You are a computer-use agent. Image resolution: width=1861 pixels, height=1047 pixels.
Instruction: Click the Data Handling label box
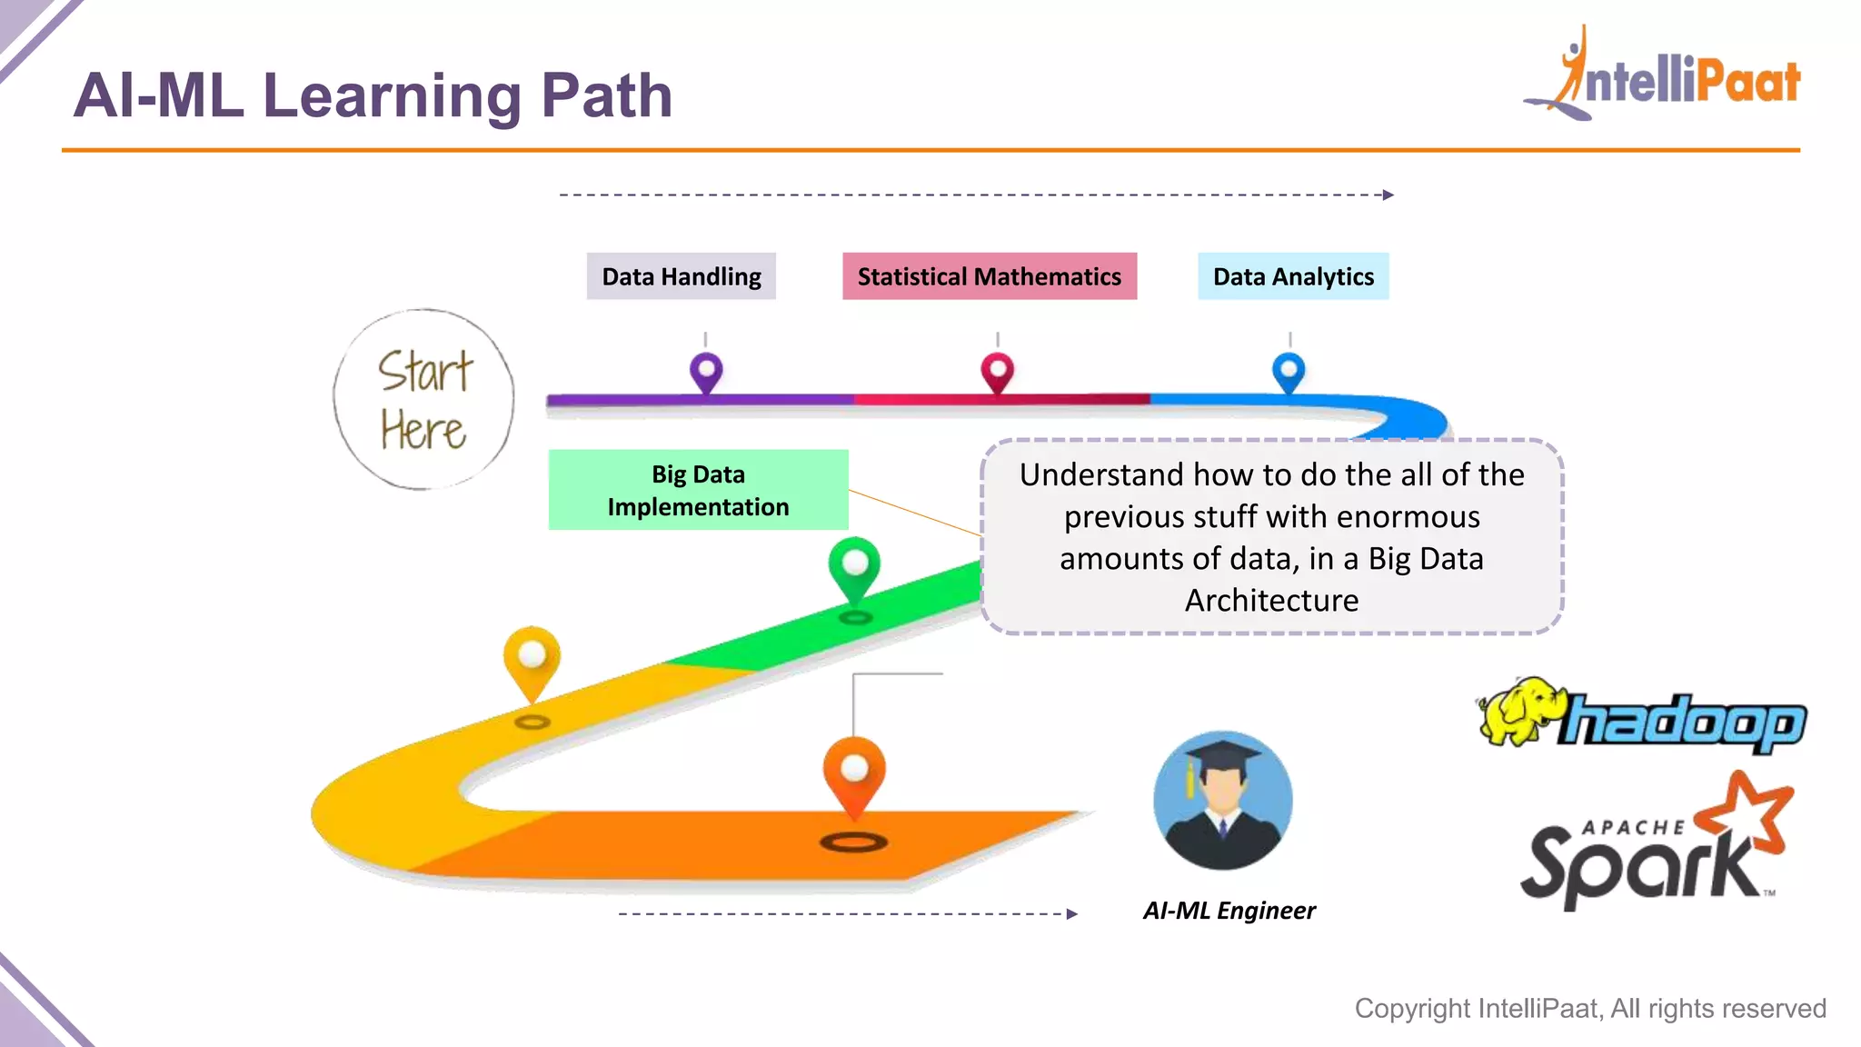point(682,276)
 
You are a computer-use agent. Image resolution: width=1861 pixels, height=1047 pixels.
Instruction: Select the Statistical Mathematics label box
point(989,276)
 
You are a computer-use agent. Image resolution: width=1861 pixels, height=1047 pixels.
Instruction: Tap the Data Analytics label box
point(1293,276)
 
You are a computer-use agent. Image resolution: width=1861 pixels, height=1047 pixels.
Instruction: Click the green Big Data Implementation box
point(698,490)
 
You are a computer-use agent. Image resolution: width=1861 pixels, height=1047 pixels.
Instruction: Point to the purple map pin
point(706,371)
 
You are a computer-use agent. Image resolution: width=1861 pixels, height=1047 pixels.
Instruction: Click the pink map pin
point(997,372)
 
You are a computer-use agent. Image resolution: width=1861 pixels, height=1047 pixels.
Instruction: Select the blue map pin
point(1289,371)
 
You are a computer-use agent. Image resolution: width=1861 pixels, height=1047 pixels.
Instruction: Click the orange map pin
point(854,772)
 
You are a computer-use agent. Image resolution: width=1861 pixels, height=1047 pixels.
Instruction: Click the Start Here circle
point(423,400)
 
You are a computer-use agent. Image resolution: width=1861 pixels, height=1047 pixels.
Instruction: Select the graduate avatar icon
point(1222,800)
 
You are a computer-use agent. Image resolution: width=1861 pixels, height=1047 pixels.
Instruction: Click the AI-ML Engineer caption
point(1229,911)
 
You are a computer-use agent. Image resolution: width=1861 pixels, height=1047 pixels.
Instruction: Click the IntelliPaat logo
point(1663,76)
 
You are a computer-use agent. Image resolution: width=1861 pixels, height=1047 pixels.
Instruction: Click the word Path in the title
point(606,95)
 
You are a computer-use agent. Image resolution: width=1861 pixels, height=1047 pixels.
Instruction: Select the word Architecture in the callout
point(1271,601)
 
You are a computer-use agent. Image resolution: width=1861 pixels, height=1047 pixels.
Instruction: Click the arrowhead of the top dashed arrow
point(1388,194)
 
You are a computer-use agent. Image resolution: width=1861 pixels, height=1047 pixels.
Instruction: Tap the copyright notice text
point(1590,1009)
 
